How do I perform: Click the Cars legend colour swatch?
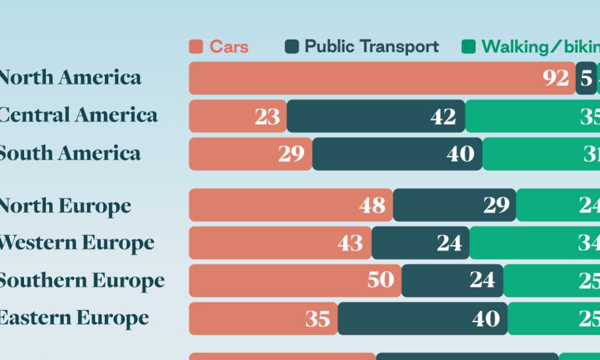[196, 47]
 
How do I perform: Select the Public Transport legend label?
[371, 47]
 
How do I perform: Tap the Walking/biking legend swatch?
[469, 47]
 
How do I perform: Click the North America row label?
[70, 77]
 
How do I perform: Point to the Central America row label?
[77, 115]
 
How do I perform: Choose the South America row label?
[70, 153]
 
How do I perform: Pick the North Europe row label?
[65, 206]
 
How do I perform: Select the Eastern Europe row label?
[73, 318]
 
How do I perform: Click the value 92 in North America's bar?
[556, 78]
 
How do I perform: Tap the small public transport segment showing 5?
[586, 78]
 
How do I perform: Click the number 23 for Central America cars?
[267, 116]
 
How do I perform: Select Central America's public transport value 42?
[443, 116]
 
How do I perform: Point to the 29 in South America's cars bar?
[292, 154]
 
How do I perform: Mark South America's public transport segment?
[397, 154]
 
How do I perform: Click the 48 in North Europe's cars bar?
[372, 205]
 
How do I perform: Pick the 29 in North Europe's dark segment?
[496, 205]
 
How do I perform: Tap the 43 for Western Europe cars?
[350, 243]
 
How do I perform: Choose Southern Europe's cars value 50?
[380, 280]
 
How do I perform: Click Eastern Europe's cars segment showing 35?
[317, 319]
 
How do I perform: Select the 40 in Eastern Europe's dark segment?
[485, 319]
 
